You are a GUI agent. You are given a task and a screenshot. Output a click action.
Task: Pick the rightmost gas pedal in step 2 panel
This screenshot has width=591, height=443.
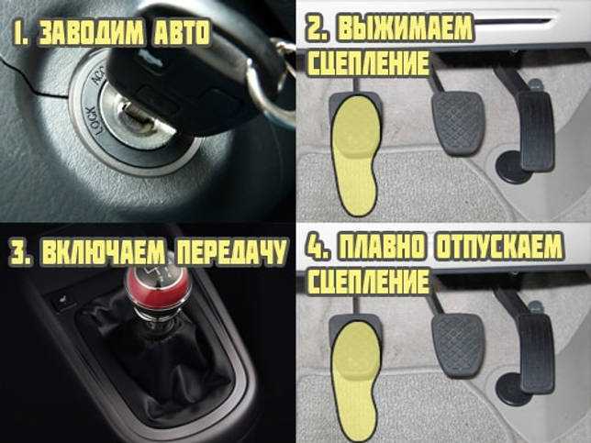(x=534, y=128)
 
